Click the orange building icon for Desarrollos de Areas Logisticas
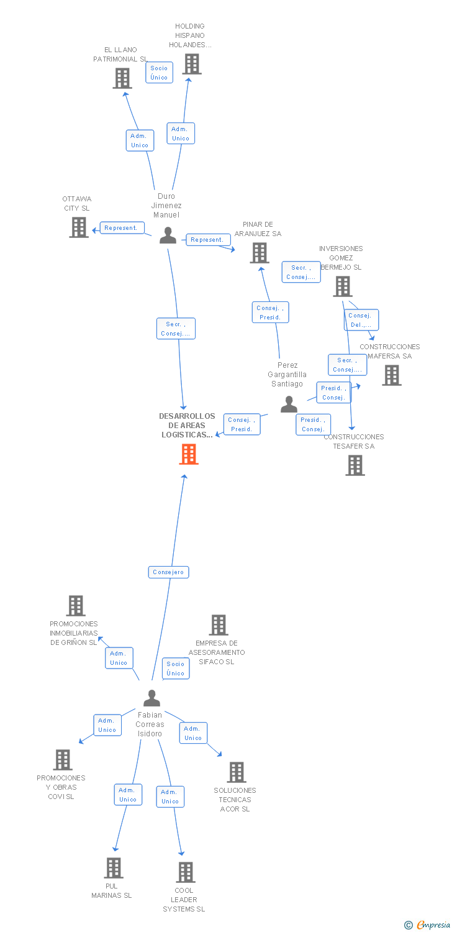click(x=188, y=454)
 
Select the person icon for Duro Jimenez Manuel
click(x=168, y=235)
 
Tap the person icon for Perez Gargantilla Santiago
click(x=289, y=404)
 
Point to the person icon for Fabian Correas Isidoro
click(x=151, y=698)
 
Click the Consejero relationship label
click(x=168, y=572)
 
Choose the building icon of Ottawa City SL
click(x=79, y=227)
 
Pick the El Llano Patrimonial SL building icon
click(x=122, y=78)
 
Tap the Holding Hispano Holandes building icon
click(x=192, y=64)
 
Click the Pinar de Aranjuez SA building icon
click(x=259, y=253)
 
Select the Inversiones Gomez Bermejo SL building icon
click(x=343, y=286)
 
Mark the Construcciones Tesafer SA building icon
click(x=355, y=465)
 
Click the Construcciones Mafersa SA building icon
click(x=392, y=375)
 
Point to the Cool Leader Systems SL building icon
click(x=185, y=872)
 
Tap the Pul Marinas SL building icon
click(x=113, y=868)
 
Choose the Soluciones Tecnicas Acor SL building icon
click(x=237, y=772)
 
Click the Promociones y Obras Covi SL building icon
click(x=63, y=760)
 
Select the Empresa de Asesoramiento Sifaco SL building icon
click(x=219, y=625)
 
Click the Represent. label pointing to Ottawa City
click(x=121, y=228)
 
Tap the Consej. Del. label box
click(x=361, y=320)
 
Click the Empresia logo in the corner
click(x=428, y=925)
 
